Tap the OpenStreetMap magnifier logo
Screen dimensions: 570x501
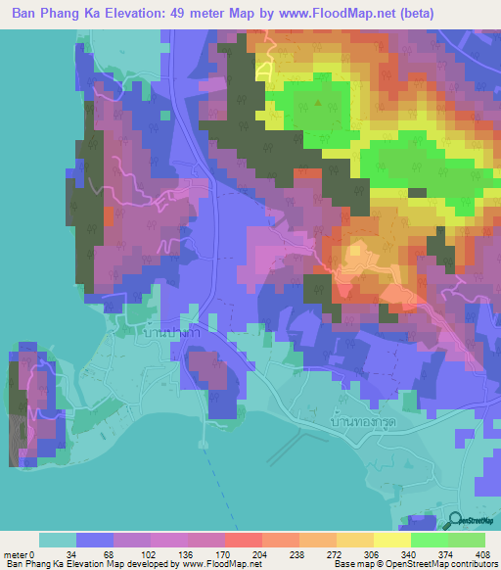pyautogui.click(x=456, y=521)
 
